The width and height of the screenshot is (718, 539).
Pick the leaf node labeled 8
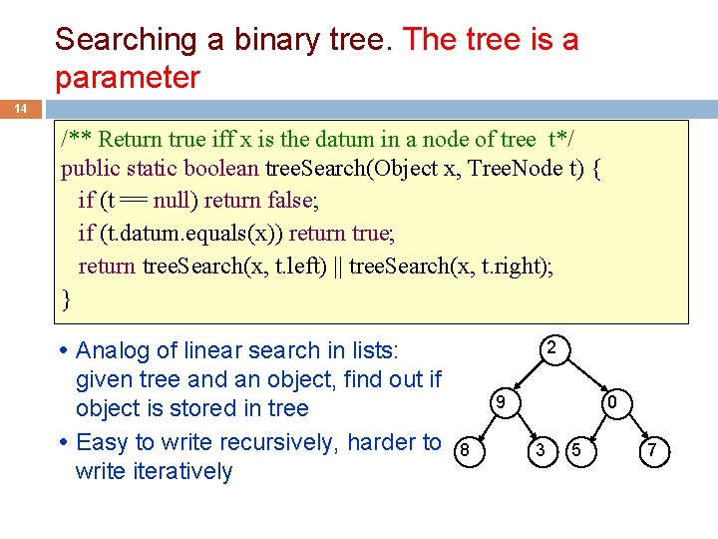point(463,452)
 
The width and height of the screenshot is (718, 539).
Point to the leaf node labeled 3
point(538,452)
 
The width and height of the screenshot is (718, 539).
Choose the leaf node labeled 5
point(576,452)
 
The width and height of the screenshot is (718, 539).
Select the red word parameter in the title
point(127,77)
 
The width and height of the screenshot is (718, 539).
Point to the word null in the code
point(177,201)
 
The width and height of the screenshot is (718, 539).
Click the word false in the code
point(289,201)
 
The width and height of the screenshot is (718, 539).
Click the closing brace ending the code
point(66,297)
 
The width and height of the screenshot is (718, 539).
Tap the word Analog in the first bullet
point(111,351)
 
